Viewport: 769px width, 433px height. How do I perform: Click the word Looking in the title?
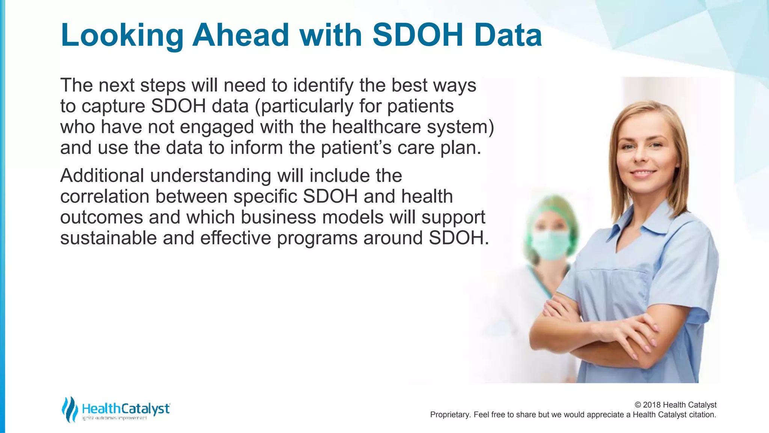pyautogui.click(x=122, y=36)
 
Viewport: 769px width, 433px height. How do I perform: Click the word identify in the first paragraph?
pyautogui.click(x=323, y=86)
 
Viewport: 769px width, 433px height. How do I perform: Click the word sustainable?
pyautogui.click(x=108, y=238)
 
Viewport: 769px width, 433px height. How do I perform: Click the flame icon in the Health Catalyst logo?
pyautogui.click(x=69, y=409)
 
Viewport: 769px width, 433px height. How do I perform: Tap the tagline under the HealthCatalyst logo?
pyautogui.click(x=114, y=418)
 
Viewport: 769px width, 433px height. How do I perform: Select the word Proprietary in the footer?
pyautogui.click(x=449, y=415)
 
